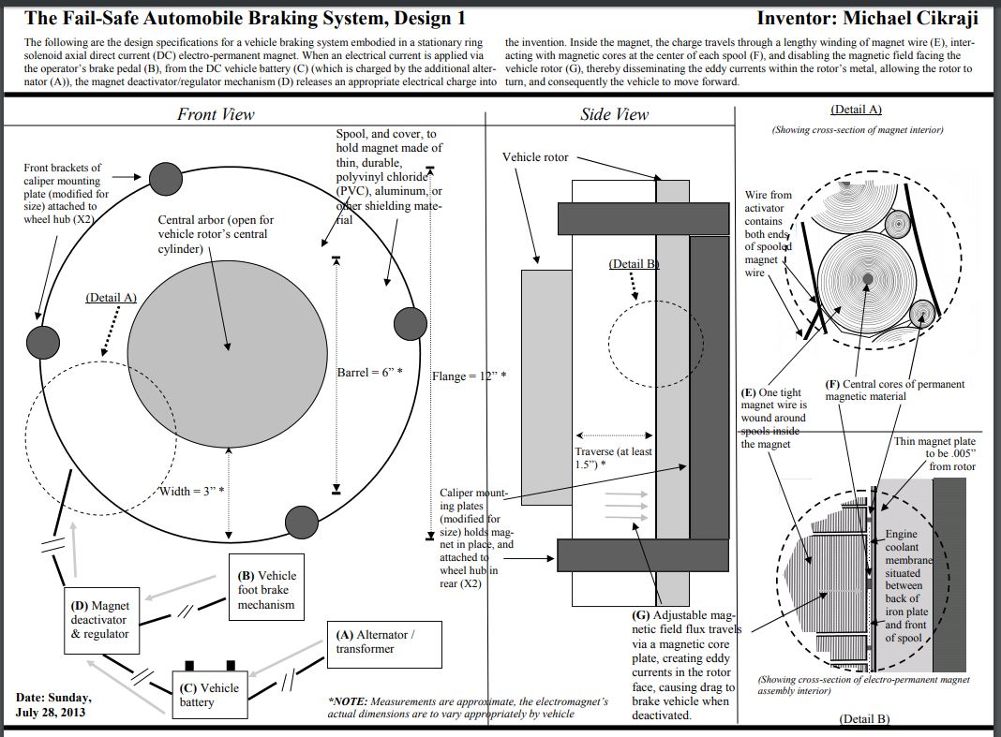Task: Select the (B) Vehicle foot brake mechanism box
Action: point(266,590)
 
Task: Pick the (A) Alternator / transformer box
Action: point(374,641)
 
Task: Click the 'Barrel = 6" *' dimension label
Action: point(369,373)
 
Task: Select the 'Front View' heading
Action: point(216,114)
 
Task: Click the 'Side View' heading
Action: point(614,114)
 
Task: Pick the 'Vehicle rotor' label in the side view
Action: point(535,157)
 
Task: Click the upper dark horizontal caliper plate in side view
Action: point(643,218)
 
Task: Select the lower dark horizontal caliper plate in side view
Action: point(643,555)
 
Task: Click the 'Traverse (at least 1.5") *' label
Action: point(613,458)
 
